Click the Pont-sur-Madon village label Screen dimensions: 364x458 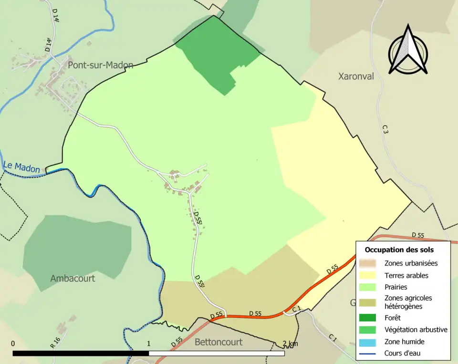100,65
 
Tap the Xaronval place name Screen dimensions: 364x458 356,76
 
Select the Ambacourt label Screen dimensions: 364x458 73,278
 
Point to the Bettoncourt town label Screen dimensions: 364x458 219,342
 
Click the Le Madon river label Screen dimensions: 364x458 21,167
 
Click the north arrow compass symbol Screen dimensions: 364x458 408,50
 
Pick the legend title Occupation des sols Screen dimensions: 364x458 399,250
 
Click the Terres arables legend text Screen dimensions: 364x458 406,275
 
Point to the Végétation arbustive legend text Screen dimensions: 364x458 416,330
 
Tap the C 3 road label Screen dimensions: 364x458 385,129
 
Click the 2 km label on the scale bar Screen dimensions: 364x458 291,343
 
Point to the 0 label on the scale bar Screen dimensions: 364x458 13,343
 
